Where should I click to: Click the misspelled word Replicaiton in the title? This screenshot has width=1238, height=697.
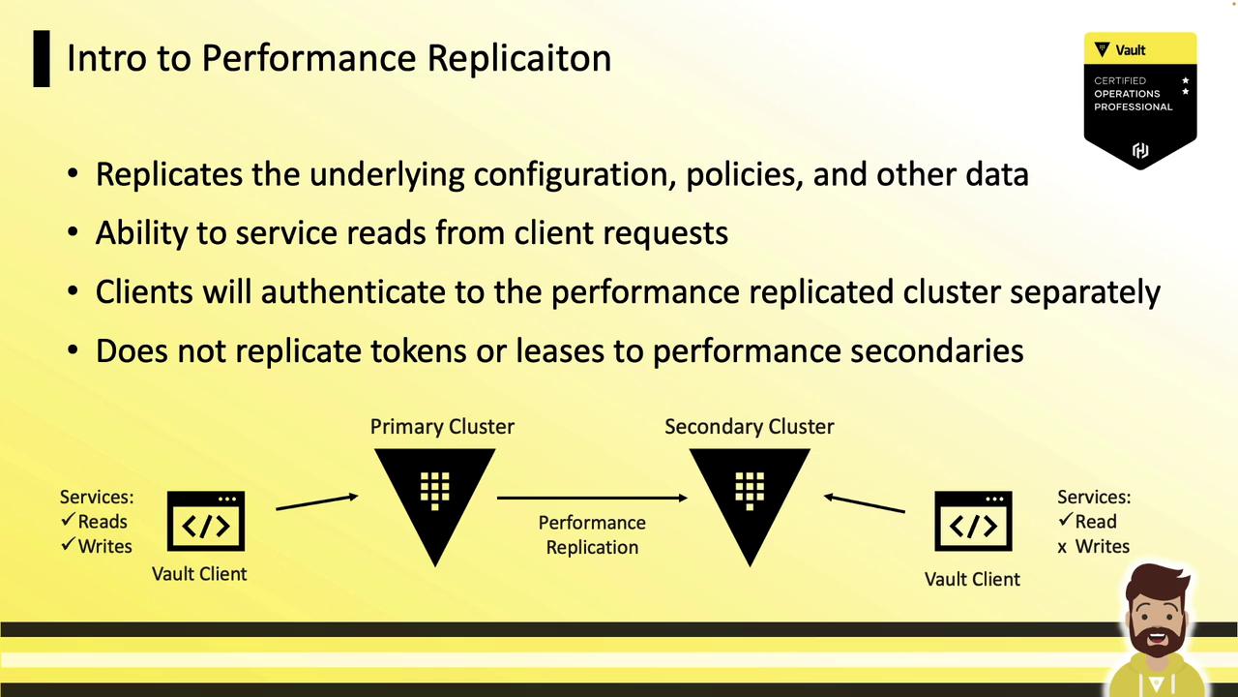[x=518, y=58]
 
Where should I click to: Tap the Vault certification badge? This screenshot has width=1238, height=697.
[x=1140, y=101]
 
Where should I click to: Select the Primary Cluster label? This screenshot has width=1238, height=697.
[x=442, y=426]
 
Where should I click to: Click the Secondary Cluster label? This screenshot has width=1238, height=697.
[x=749, y=426]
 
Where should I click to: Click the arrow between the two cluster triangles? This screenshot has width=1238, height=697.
[x=591, y=498]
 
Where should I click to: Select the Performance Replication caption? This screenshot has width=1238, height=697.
[x=592, y=534]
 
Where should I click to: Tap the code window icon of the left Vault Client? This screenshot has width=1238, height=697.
[x=205, y=522]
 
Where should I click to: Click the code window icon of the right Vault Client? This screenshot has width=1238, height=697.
[x=973, y=522]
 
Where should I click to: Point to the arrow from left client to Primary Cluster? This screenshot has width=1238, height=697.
[x=316, y=501]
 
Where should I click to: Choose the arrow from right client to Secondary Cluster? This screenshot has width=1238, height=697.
[x=864, y=503]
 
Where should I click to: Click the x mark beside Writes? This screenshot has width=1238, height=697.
[x=1062, y=547]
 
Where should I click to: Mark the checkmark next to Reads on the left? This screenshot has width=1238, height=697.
[x=68, y=521]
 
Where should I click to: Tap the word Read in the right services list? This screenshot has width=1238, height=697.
[x=1096, y=522]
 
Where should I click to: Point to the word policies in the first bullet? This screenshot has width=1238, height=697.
[x=744, y=174]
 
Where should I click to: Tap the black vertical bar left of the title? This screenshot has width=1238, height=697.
[x=42, y=59]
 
